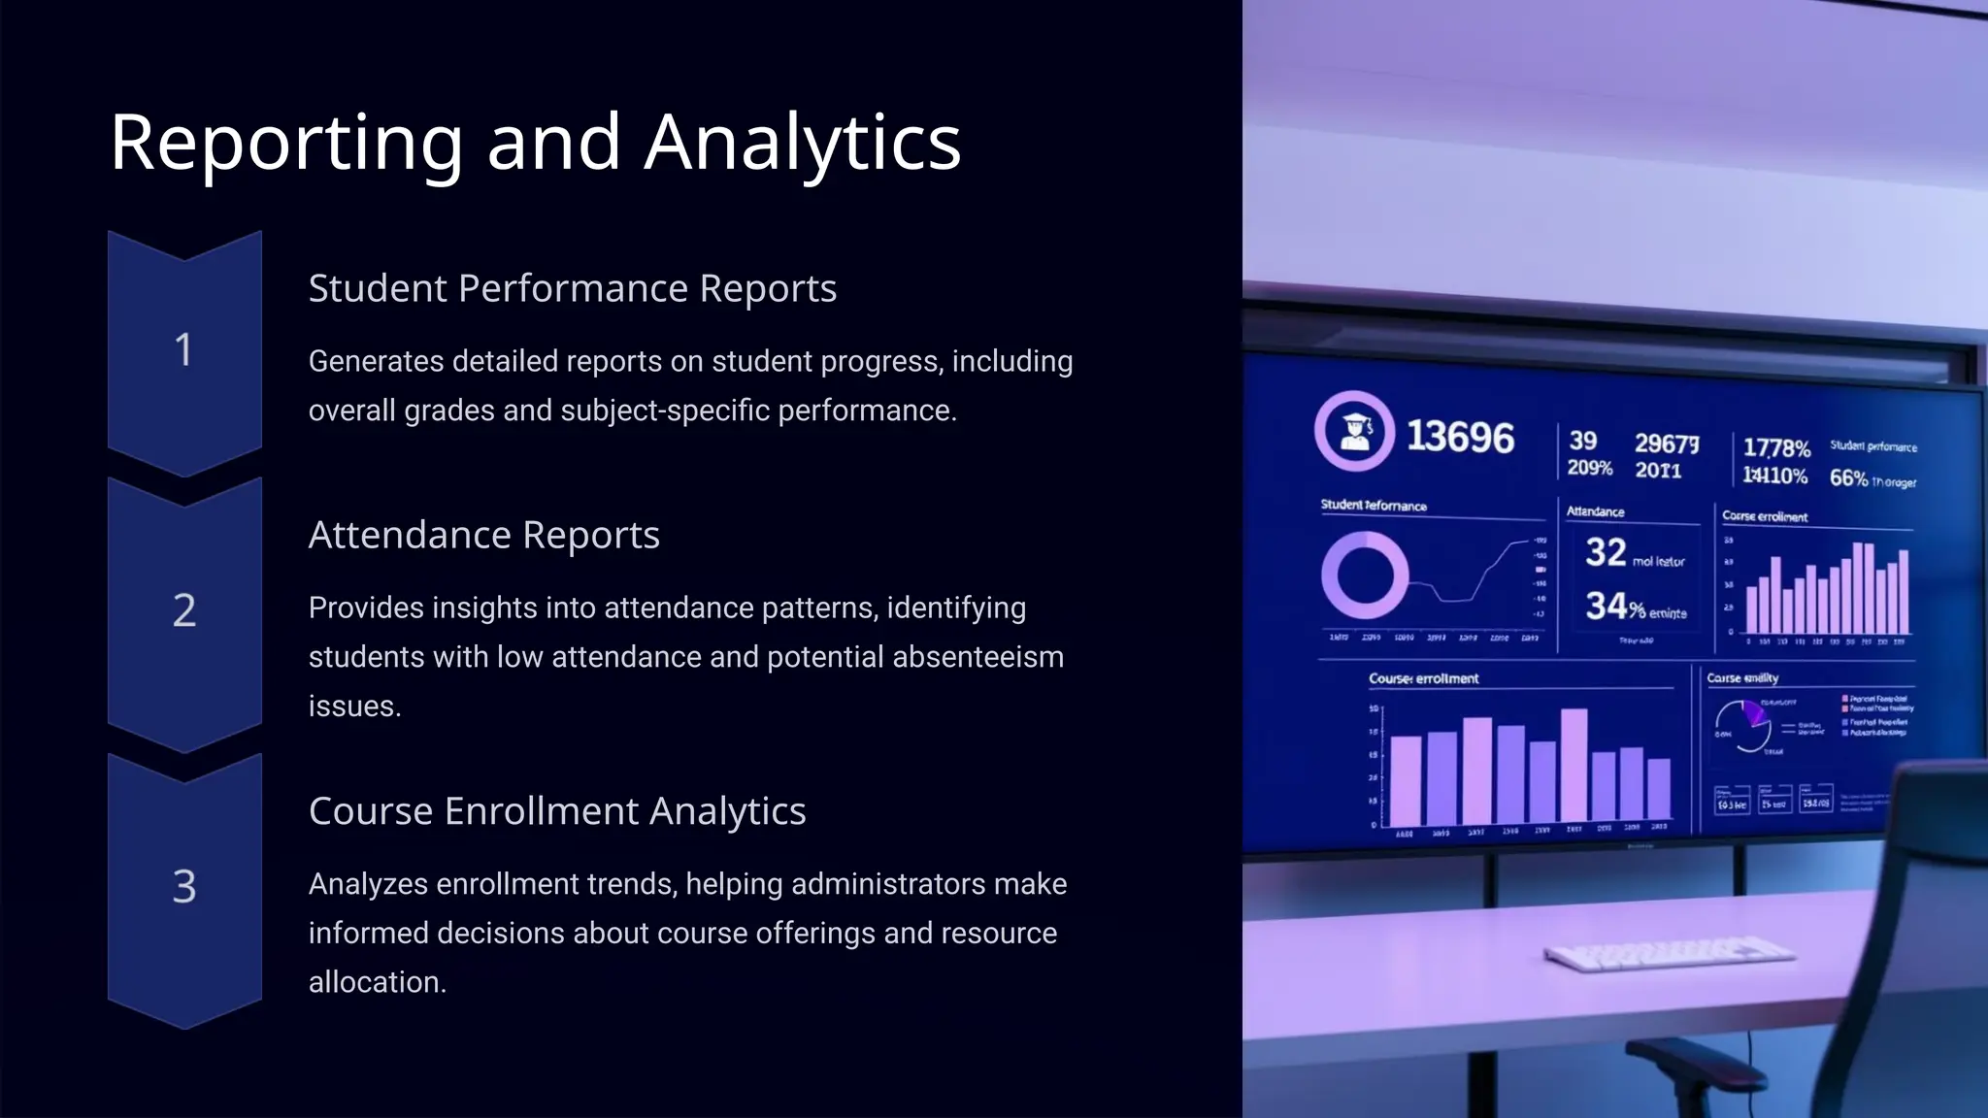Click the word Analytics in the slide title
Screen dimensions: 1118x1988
(802, 144)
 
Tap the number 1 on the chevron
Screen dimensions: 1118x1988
(183, 350)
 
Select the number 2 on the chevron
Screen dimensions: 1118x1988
(183, 610)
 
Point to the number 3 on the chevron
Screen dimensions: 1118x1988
(183, 886)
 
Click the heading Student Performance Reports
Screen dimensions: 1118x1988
(572, 288)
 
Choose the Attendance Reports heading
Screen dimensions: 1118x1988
(483, 535)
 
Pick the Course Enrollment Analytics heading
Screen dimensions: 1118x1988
(556, 810)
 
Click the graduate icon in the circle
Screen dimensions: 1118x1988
(1354, 431)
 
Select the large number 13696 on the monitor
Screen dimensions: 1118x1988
(1460, 437)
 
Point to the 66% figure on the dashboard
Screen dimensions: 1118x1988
(1848, 478)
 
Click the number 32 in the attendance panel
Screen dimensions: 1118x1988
(1606, 552)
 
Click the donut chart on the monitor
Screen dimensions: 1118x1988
(1364, 575)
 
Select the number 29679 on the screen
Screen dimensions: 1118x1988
(1667, 444)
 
